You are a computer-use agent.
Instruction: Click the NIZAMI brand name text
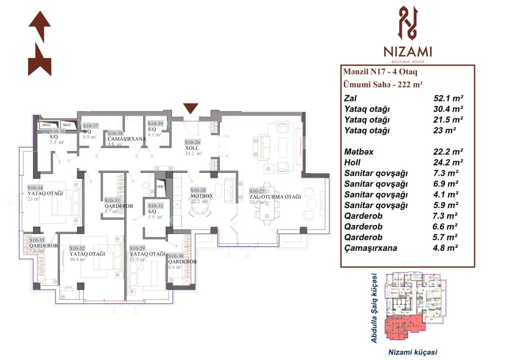point(408,52)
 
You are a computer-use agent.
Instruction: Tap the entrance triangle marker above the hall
point(190,108)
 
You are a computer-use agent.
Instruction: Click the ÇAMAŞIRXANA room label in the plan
point(126,139)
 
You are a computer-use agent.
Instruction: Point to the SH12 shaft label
point(46,125)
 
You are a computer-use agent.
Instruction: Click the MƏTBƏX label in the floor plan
point(201,196)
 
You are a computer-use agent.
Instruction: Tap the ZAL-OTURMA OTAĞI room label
point(275,197)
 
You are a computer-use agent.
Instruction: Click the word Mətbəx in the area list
point(359,152)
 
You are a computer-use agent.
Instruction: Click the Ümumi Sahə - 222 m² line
point(383,84)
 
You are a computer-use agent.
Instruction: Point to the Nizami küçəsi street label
point(413,352)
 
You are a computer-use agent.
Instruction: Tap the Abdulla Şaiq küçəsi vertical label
point(374,308)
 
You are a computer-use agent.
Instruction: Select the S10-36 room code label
point(57,131)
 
